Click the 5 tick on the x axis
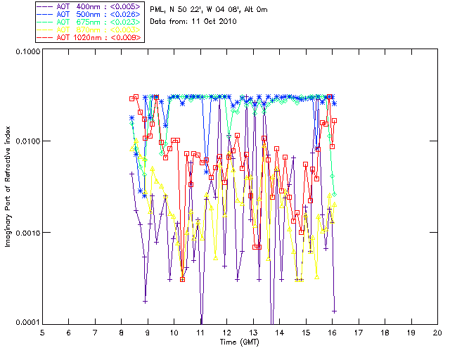[42, 331]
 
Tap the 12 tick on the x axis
[226, 331]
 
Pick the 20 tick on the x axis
[437, 331]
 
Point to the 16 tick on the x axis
[332, 331]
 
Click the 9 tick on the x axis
[148, 331]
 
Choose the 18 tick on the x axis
[385, 331]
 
